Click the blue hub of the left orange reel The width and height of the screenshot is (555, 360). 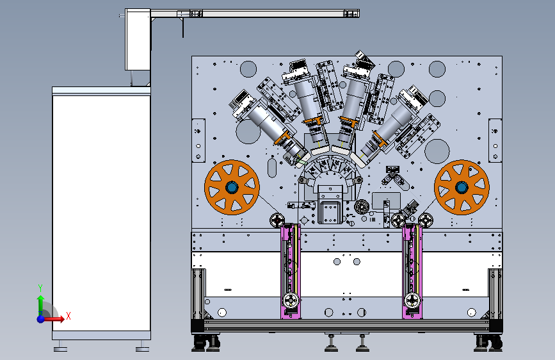click(x=232, y=187)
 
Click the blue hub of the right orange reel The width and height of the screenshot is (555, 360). click(x=462, y=187)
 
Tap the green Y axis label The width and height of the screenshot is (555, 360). click(x=40, y=288)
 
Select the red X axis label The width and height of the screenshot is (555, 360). click(x=68, y=316)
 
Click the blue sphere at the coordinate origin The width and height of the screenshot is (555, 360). click(x=41, y=319)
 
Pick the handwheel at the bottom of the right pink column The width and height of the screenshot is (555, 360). click(x=412, y=301)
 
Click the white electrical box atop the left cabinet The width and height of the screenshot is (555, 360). click(x=138, y=39)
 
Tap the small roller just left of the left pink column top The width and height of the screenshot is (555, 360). click(x=277, y=220)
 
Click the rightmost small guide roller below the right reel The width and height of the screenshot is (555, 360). click(x=426, y=220)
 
